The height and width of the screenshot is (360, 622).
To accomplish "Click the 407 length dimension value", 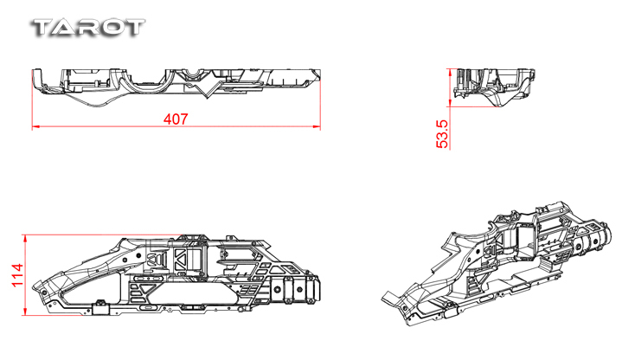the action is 176,119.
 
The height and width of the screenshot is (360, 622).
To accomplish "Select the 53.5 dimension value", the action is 442,134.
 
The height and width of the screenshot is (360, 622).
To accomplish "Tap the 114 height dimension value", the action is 17,274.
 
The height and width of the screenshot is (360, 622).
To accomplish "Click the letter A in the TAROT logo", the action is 66,29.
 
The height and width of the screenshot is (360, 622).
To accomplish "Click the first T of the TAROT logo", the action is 43,29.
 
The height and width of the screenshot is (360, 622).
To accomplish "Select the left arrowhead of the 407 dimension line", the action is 35,127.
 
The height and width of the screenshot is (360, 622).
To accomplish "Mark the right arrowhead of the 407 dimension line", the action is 317,127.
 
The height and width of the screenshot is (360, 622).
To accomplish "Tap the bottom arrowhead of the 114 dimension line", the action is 25,312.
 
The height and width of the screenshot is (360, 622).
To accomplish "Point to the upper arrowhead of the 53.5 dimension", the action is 450,72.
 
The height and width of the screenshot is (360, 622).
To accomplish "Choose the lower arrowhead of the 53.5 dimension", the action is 450,103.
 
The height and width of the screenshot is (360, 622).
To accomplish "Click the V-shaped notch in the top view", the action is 207,90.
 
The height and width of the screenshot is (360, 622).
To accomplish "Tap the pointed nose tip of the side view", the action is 34,286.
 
